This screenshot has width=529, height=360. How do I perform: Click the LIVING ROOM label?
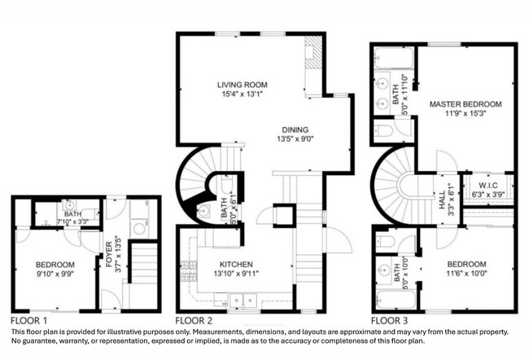point(242,85)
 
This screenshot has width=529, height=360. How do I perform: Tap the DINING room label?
point(295,129)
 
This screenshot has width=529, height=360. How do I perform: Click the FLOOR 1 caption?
point(31,319)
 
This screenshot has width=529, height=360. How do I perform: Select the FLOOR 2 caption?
point(196,319)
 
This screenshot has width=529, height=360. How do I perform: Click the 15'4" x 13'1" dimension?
point(242,94)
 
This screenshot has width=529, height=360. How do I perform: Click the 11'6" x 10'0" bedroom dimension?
point(466,274)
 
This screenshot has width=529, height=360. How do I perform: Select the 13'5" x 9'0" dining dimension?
point(295,138)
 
